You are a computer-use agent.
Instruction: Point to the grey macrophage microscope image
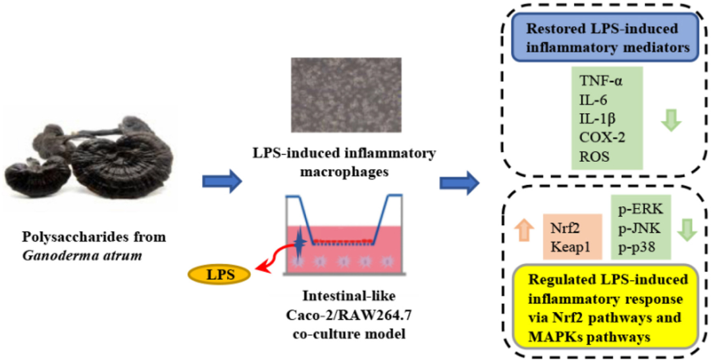[346, 95]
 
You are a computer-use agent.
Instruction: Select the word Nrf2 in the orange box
[564, 230]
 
